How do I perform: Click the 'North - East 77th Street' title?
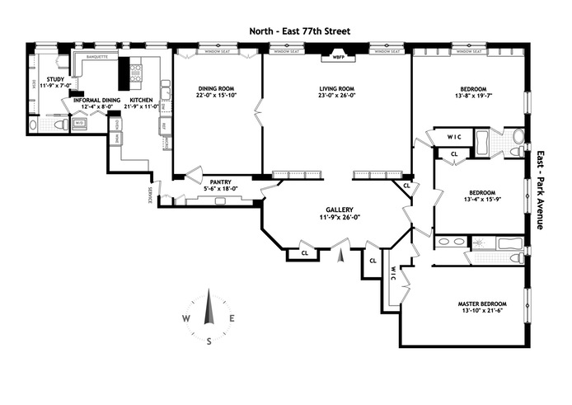point(301,31)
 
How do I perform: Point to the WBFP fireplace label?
point(338,57)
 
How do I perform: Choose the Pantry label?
point(220,182)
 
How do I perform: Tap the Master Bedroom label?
point(482,304)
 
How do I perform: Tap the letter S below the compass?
point(209,341)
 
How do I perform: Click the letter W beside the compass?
point(186,318)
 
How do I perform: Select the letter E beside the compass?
point(233,318)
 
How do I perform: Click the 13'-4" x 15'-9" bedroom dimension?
point(473,198)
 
